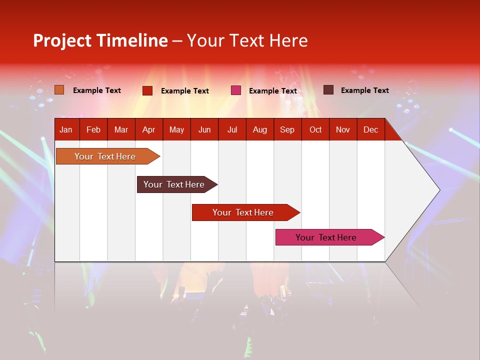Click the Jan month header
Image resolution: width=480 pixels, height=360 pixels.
pyautogui.click(x=66, y=129)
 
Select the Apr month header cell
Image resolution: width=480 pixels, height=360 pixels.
pyautogui.click(x=149, y=129)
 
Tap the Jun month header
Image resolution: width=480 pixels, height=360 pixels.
pyautogui.click(x=204, y=129)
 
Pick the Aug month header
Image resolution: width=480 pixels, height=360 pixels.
pyautogui.click(x=260, y=129)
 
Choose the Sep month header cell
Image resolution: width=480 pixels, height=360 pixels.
pyautogui.click(x=287, y=129)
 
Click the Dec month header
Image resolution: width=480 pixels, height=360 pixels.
pyautogui.click(x=371, y=129)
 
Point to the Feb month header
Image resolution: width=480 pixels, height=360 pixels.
pyautogui.click(x=93, y=129)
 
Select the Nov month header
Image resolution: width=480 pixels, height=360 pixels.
pyautogui.click(x=343, y=129)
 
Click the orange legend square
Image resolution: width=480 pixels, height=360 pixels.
pyautogui.click(x=59, y=90)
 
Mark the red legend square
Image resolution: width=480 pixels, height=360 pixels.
pyautogui.click(x=147, y=90)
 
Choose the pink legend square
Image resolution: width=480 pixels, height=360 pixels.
pyautogui.click(x=236, y=90)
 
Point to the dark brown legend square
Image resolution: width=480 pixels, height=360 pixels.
pyautogui.click(x=328, y=90)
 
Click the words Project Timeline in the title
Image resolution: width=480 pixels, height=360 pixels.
pyautogui.click(x=100, y=40)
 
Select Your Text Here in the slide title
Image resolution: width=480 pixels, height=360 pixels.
pyautogui.click(x=247, y=40)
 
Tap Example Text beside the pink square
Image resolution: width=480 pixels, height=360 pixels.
pyautogui.click(x=273, y=91)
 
